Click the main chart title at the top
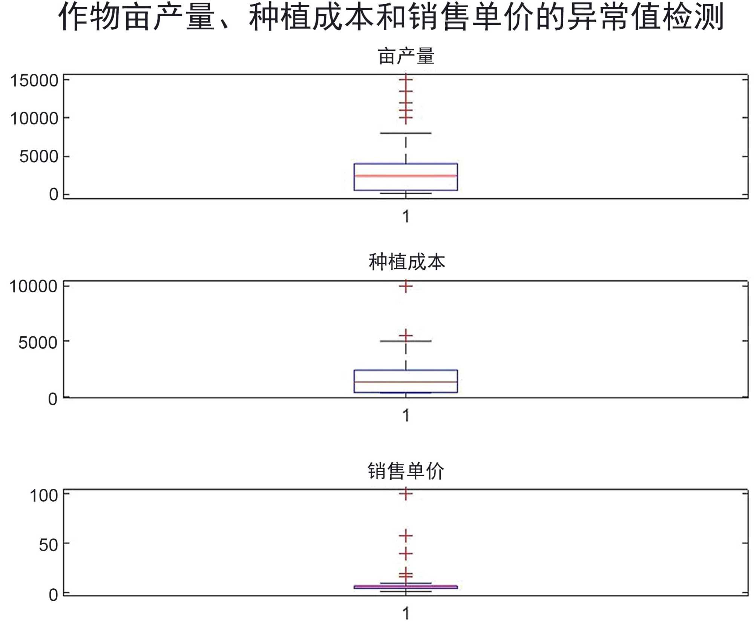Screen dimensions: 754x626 click(391, 17)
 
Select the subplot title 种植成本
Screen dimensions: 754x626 click(406, 262)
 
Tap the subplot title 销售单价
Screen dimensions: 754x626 click(406, 471)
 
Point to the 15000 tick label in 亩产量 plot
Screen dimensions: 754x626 click(34, 81)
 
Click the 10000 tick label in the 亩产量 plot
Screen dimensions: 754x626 click(34, 118)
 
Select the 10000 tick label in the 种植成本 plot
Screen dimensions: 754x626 click(34, 286)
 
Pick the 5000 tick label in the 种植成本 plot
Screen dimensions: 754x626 click(38, 342)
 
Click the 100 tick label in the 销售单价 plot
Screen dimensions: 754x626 click(44, 495)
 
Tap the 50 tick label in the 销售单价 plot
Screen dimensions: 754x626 click(48, 545)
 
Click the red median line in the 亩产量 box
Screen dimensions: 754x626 click(406, 176)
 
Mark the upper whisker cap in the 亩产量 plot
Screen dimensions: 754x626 click(406, 133)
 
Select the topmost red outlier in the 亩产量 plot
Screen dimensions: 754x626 click(406, 79)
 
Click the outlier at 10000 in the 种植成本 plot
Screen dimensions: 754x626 click(406, 286)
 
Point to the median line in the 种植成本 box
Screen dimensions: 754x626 click(406, 382)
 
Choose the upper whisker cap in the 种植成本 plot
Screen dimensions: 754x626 click(406, 341)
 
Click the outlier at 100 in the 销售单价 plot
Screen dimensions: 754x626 click(406, 494)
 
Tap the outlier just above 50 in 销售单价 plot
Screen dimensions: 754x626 click(406, 535)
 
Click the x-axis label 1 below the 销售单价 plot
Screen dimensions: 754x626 click(406, 614)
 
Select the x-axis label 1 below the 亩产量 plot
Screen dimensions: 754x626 click(406, 216)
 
